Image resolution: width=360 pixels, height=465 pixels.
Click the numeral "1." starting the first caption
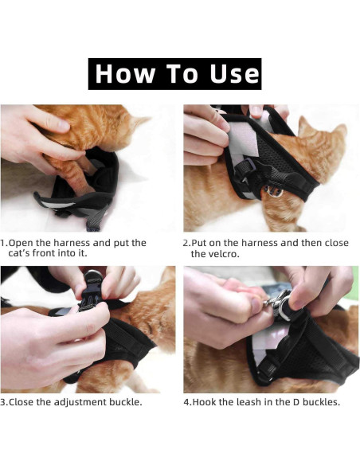coord(5,243)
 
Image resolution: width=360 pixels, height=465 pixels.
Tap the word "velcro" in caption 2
coord(226,255)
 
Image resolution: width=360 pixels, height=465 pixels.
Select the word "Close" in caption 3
coord(25,402)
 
